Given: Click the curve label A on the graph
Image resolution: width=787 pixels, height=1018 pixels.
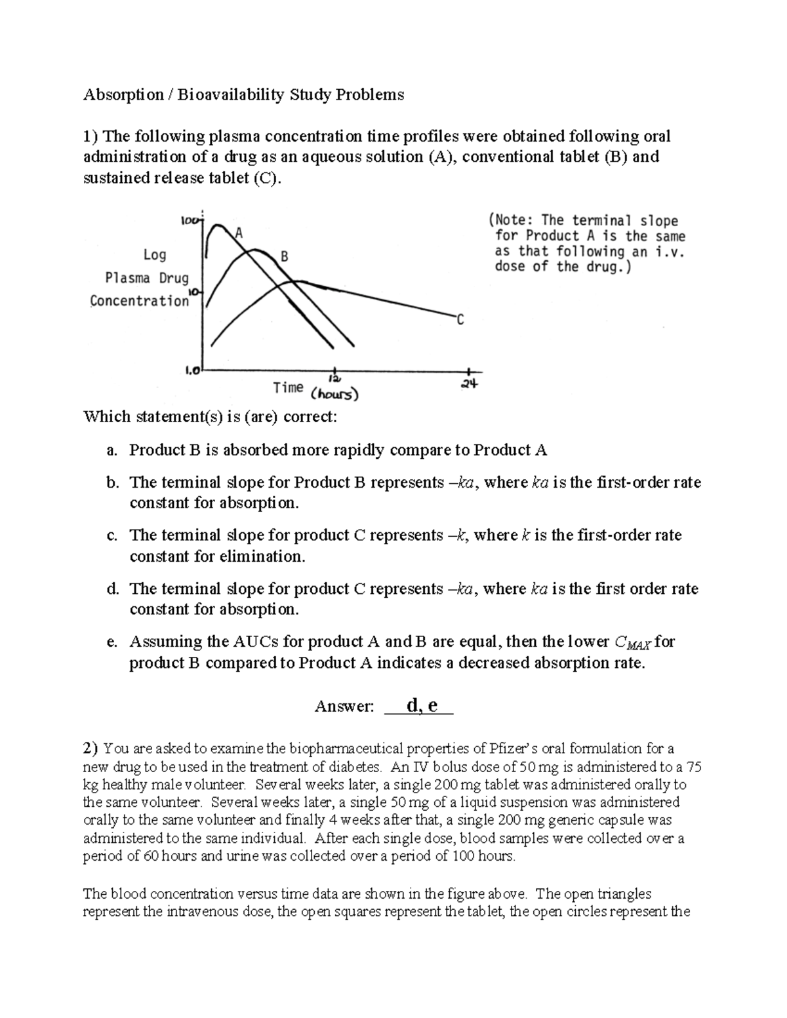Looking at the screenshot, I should tap(239, 233).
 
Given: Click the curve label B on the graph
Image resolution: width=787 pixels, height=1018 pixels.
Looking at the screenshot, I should tap(284, 257).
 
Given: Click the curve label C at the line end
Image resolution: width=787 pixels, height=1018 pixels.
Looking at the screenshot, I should tap(460, 320).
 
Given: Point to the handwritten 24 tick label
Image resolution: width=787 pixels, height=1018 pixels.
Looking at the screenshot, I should tap(470, 384).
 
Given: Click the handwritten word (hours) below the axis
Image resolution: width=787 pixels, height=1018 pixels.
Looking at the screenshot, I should tap(334, 395).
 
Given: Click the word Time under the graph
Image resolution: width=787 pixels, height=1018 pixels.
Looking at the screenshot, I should tap(288, 387).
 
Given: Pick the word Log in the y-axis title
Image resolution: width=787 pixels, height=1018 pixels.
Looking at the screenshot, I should tap(155, 254).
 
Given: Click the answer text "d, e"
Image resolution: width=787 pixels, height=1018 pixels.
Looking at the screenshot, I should tap(422, 705).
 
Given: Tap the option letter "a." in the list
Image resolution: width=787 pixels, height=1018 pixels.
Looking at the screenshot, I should tap(111, 450).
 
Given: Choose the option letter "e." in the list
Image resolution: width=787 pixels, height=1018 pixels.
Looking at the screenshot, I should tap(111, 642).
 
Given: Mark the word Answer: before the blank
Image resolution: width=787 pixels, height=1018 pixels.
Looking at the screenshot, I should tap(344, 707).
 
